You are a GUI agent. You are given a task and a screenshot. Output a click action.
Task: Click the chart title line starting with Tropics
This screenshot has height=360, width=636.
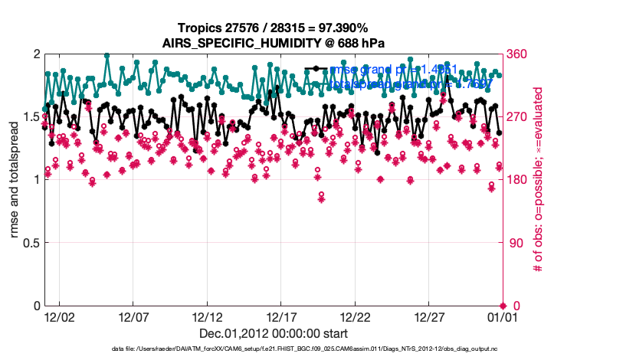274,28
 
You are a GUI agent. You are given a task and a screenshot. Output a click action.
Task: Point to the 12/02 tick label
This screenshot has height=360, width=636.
59,316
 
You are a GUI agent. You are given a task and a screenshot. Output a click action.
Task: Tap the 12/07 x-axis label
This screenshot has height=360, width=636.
133,316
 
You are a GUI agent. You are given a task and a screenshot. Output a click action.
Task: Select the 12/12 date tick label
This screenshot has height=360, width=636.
208,316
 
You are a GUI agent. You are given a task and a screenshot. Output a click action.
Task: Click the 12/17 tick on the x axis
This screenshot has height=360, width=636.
281,316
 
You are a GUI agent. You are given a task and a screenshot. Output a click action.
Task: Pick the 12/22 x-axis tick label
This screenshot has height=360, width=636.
356,316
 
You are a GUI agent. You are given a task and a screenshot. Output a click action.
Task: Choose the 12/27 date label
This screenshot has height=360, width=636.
429,316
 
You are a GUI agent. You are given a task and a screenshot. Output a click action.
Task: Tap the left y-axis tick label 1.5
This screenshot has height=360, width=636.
29,117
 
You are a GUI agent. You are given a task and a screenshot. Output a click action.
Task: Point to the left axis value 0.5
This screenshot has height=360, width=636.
29,243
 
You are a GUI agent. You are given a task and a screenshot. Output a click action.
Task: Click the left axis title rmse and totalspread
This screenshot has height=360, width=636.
15,180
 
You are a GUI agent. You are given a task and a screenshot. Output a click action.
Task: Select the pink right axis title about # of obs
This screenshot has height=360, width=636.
539,180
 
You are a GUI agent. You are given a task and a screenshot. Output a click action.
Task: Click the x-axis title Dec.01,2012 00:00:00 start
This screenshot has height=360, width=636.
274,333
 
